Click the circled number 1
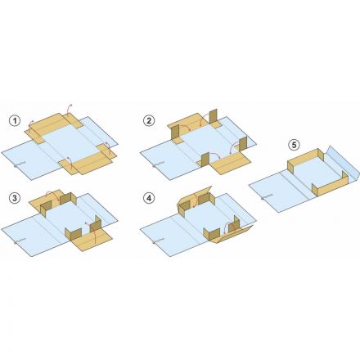click(15, 120)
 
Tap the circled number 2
click(149, 120)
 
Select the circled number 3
click(15, 198)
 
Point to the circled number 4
click(149, 198)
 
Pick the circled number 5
click(294, 145)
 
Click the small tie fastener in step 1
click(20, 164)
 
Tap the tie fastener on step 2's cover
click(158, 164)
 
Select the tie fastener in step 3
click(20, 241)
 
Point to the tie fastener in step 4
click(158, 241)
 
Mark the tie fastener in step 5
click(267, 197)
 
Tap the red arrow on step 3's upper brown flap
click(52, 194)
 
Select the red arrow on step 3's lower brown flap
click(92, 232)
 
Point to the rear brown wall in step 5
click(305, 161)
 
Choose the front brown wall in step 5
click(331, 185)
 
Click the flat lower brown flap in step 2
click(231, 163)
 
